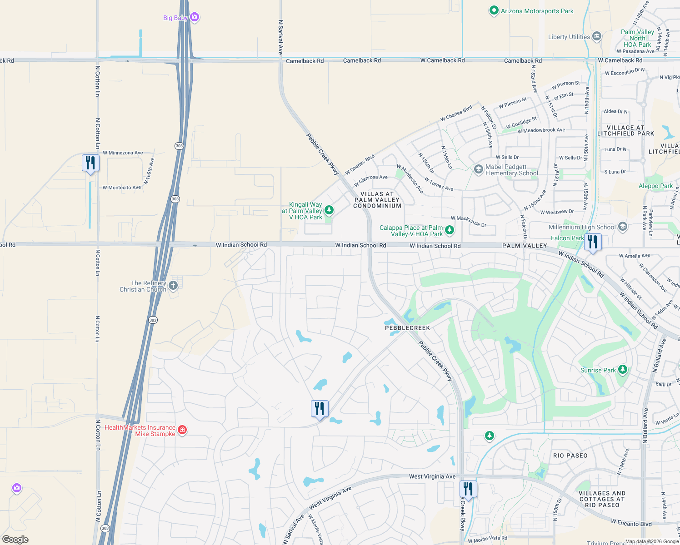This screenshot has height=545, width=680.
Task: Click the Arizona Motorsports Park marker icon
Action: click(x=494, y=10)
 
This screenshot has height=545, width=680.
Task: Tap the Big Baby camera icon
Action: click(x=195, y=17)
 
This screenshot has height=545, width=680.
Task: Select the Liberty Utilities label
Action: click(x=569, y=37)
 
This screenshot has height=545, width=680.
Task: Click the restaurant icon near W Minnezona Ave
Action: click(x=90, y=163)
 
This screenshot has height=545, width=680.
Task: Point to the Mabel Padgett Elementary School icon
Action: click(x=478, y=169)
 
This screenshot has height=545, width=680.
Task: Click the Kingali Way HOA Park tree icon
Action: click(x=329, y=210)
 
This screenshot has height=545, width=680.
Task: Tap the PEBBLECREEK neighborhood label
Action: click(x=407, y=328)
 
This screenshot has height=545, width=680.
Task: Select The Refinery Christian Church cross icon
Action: click(x=173, y=285)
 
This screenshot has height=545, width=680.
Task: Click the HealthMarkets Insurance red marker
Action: click(x=182, y=430)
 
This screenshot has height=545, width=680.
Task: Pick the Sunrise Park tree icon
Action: click(x=623, y=370)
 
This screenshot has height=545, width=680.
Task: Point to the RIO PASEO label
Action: click(x=570, y=456)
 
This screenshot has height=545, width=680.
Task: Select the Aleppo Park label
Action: click(x=655, y=186)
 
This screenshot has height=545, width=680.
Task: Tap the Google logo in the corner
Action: click(x=15, y=539)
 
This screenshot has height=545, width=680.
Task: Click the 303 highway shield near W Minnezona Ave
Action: click(x=179, y=146)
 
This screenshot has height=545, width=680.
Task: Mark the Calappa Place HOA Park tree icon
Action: click(x=449, y=230)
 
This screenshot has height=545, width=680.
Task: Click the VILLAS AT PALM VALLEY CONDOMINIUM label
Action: click(x=377, y=200)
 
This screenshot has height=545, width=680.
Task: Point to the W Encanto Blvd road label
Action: click(x=631, y=523)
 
